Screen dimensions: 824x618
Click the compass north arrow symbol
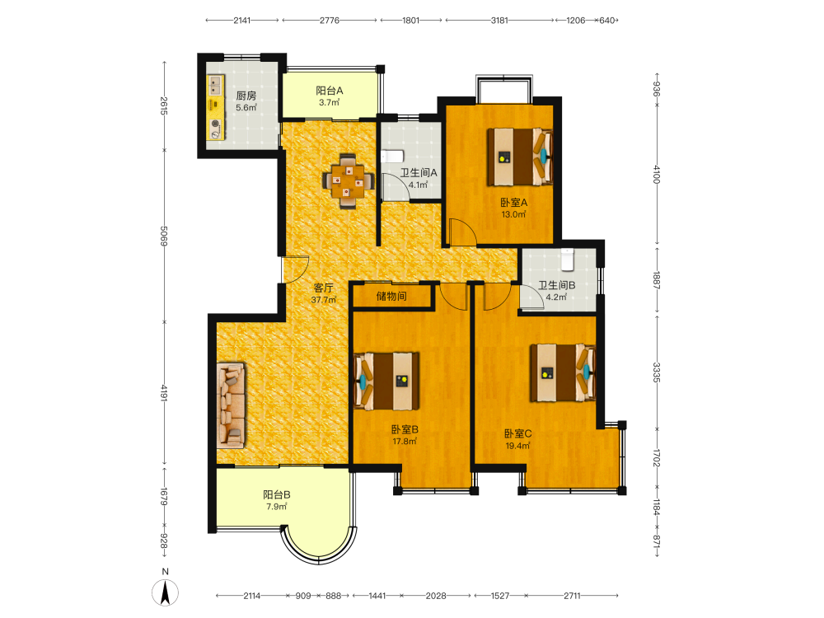[165, 592]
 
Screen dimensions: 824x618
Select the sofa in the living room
[231, 405]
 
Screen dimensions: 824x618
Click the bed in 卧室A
[520, 157]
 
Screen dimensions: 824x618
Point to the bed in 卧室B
[386, 381]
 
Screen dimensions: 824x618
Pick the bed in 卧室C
[563, 372]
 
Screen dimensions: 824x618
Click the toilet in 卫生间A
[392, 156]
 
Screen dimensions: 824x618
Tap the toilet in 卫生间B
[567, 260]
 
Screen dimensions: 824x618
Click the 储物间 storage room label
[391, 296]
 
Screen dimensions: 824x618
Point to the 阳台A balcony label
[330, 91]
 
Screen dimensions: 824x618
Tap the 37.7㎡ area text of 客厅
[323, 300]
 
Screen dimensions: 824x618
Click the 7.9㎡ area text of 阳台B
[276, 507]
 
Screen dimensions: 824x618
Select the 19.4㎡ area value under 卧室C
[517, 446]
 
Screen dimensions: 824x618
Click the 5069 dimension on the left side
[164, 236]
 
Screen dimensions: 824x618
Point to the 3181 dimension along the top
[499, 21]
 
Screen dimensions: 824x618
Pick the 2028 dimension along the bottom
[436, 596]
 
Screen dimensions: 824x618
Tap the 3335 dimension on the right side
[657, 372]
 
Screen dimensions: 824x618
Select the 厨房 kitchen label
[246, 96]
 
